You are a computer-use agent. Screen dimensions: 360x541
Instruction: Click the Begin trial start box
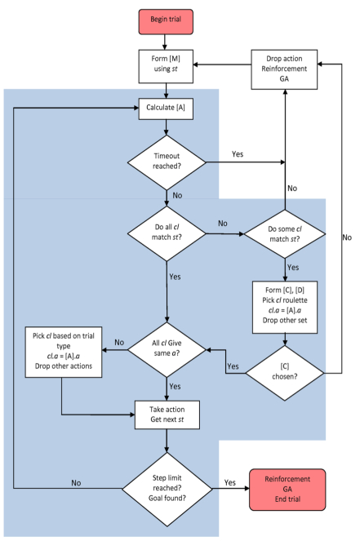pyautogui.click(x=166, y=22)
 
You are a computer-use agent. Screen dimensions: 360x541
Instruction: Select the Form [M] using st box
pyautogui.click(x=166, y=66)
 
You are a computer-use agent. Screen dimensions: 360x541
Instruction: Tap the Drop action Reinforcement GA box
pyautogui.click(x=284, y=69)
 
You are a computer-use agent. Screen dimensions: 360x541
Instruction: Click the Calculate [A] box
pyautogui.click(x=166, y=109)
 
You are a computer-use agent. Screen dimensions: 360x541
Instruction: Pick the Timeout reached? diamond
pyautogui.click(x=167, y=162)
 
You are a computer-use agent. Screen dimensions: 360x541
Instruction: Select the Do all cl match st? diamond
pyautogui.click(x=167, y=233)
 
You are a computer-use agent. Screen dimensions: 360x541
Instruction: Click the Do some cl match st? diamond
pyautogui.click(x=285, y=234)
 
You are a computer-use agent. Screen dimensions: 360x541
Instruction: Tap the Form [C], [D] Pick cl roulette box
pyautogui.click(x=285, y=307)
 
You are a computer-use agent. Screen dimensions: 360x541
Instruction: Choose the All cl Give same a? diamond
pyautogui.click(x=167, y=349)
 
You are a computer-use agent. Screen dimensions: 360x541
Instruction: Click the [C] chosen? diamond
pyautogui.click(x=285, y=373)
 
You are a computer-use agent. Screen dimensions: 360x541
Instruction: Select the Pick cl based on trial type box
pyautogui.click(x=64, y=352)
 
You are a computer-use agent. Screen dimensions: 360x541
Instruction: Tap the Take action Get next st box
pyautogui.click(x=167, y=415)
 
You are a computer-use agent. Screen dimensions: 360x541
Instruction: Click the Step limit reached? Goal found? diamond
pyautogui.click(x=167, y=489)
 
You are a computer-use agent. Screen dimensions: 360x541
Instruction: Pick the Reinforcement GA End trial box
pyautogui.click(x=287, y=490)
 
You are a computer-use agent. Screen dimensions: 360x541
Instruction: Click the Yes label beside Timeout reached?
pyautogui.click(x=238, y=154)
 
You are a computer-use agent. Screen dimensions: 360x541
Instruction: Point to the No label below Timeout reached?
pyautogui.click(x=177, y=195)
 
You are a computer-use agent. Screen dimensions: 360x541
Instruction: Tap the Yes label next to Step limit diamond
pyautogui.click(x=230, y=482)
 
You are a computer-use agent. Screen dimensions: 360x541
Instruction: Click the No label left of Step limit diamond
pyautogui.click(x=76, y=483)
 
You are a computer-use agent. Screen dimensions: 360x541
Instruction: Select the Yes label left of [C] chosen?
pyautogui.click(x=233, y=366)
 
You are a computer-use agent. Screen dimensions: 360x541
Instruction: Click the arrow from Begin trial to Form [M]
pyautogui.click(x=165, y=42)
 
